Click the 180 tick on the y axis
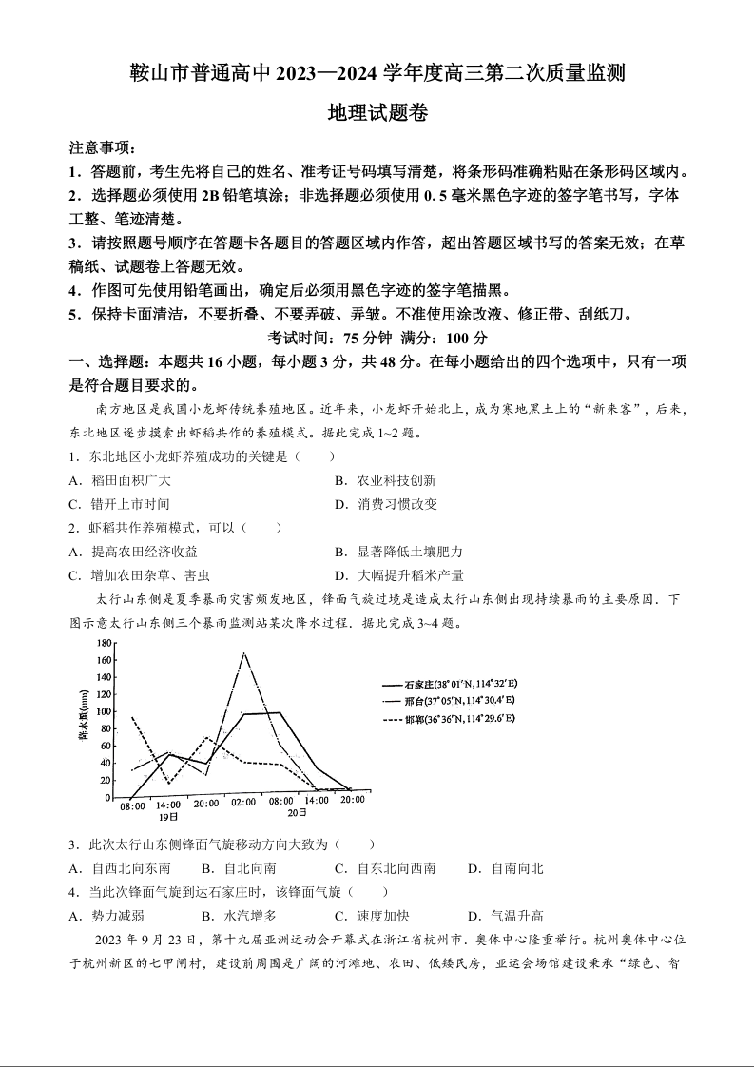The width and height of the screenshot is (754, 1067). tap(105, 643)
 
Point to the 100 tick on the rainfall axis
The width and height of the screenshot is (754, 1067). tap(105, 711)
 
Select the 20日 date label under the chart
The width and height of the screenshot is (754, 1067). tap(298, 813)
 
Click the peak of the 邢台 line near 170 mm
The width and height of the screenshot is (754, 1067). tap(244, 653)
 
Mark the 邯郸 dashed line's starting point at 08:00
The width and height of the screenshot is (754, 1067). tap(132, 717)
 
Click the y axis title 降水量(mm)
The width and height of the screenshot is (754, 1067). tap(84, 720)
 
